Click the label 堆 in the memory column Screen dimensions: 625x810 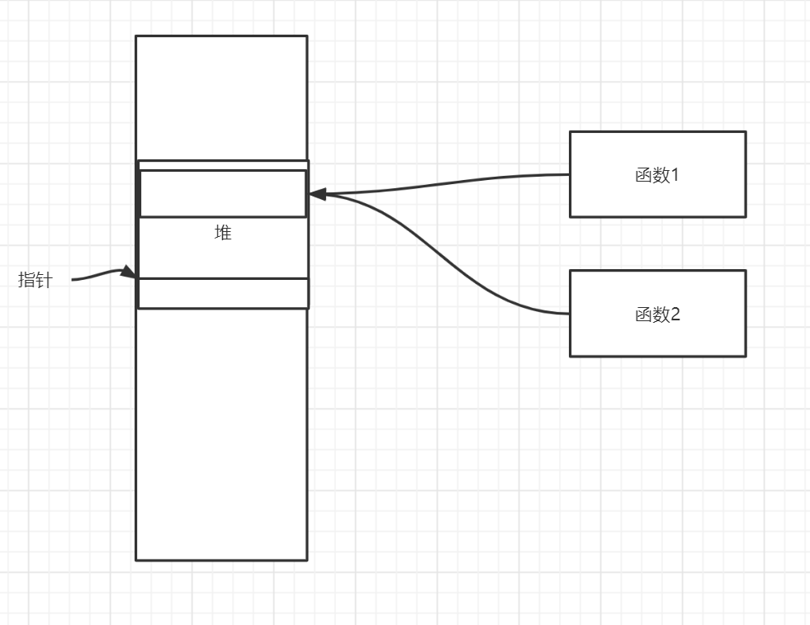[223, 234]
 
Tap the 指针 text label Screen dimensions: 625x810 [36, 281]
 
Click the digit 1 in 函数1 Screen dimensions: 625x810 [674, 175]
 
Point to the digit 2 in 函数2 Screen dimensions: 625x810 [675, 315]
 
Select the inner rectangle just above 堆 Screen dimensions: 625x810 [223, 194]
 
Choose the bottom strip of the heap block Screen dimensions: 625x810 [223, 293]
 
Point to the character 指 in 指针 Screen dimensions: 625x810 [27, 281]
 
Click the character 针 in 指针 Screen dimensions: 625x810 [44, 281]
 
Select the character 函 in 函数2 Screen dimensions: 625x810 [644, 315]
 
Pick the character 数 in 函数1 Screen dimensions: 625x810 [661, 175]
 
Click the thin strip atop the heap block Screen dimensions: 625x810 [223, 166]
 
